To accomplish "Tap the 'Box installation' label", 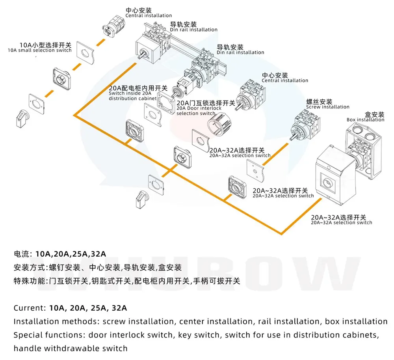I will [365, 117].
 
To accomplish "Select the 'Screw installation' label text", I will [328, 104].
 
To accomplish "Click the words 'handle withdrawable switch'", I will [71, 348].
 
